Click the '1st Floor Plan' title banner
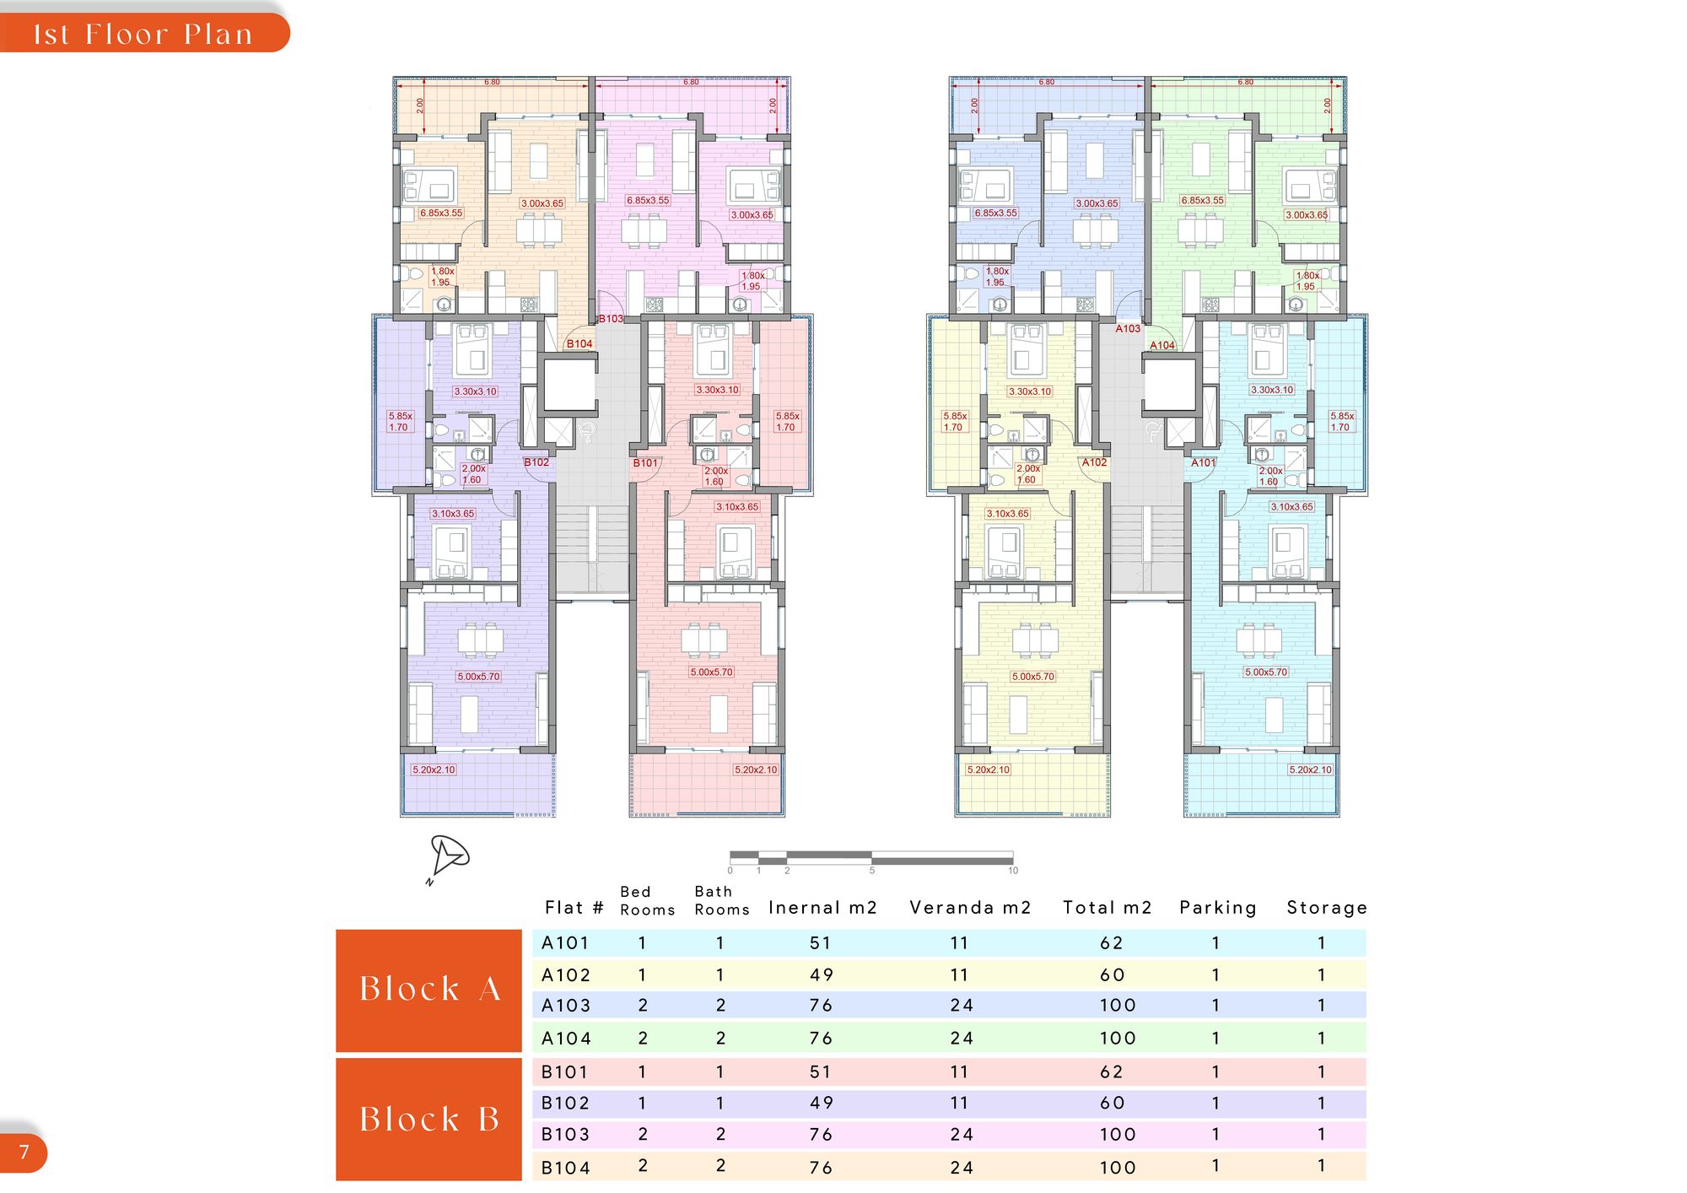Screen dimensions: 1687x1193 [143, 34]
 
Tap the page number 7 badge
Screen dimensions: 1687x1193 [24, 1152]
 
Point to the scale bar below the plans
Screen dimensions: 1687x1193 [871, 859]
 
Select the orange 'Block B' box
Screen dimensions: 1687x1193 [428, 1120]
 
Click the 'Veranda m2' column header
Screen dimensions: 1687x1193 [970, 908]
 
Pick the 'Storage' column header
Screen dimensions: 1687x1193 [1327, 908]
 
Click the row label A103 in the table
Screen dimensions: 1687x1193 [566, 1006]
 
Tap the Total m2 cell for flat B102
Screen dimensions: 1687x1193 [1112, 1104]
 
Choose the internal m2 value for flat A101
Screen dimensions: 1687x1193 [820, 943]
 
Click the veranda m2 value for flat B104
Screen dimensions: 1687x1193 [962, 1169]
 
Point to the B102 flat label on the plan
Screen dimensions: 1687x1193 [536, 462]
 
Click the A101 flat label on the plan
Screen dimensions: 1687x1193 [1204, 463]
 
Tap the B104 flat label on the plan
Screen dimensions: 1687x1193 [579, 344]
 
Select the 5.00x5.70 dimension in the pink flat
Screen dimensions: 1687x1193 [712, 672]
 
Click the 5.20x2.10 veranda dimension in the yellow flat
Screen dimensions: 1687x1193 [989, 770]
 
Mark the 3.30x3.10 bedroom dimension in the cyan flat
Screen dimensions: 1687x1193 [1272, 391]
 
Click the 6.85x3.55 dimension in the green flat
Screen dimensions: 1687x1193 [1203, 201]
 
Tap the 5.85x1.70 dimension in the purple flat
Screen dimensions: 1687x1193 [400, 422]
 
